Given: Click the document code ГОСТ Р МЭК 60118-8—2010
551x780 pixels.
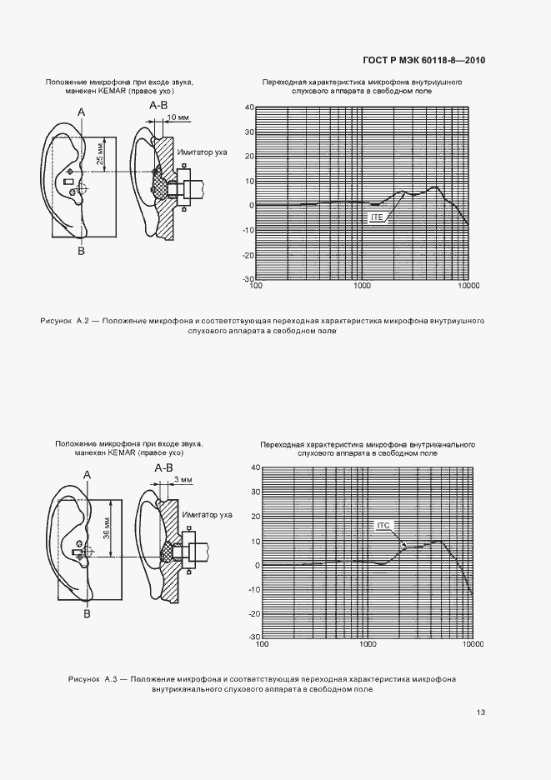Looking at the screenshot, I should pyautogui.click(x=424, y=61).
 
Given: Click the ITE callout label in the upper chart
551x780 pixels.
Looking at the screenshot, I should pyautogui.click(x=376, y=216).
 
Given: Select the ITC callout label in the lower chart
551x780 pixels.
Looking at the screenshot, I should pyautogui.click(x=383, y=525).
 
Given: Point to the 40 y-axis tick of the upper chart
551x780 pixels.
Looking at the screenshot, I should pyautogui.click(x=248, y=108).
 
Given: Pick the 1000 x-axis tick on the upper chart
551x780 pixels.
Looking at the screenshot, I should pyautogui.click(x=363, y=286).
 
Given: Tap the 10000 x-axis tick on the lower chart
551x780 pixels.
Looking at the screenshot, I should pyautogui.click(x=473, y=644).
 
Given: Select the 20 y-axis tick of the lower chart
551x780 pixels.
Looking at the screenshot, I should pyautogui.click(x=255, y=517).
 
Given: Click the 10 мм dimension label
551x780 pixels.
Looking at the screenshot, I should pyautogui.click(x=178, y=118).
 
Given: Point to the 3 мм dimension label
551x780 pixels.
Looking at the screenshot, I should pyautogui.click(x=183, y=480).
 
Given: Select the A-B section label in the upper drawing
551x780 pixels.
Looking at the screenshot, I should pyautogui.click(x=158, y=106).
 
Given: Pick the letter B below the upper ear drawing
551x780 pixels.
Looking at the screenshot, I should pyautogui.click(x=81, y=250).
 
